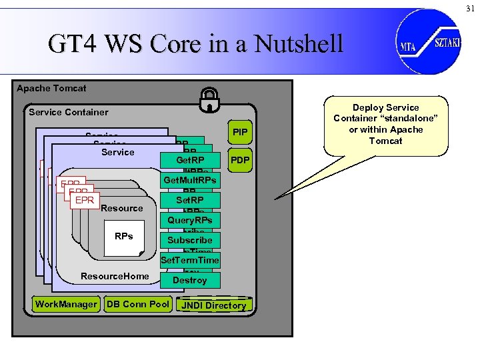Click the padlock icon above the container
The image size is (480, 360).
click(x=209, y=99)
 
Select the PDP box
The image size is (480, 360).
click(x=239, y=160)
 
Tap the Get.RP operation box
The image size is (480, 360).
click(x=190, y=160)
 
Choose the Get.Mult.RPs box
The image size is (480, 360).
click(x=190, y=180)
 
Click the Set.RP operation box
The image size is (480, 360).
click(x=190, y=200)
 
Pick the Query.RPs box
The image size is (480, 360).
click(x=190, y=220)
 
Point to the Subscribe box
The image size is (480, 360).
click(x=190, y=240)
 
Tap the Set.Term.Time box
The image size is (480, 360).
click(x=190, y=260)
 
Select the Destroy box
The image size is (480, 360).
click(x=190, y=280)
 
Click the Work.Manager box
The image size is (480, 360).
click(x=66, y=304)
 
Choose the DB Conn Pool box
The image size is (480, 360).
click(x=137, y=304)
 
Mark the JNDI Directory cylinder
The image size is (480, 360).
click(x=214, y=305)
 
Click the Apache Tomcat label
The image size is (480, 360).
click(x=51, y=88)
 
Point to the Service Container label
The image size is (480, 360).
click(x=69, y=112)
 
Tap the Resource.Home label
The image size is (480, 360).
click(x=115, y=276)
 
